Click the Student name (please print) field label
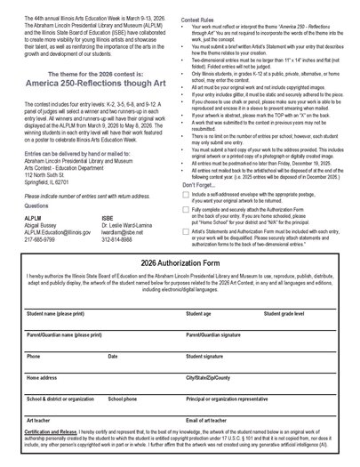coord(56,314)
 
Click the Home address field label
coord(42,377)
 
